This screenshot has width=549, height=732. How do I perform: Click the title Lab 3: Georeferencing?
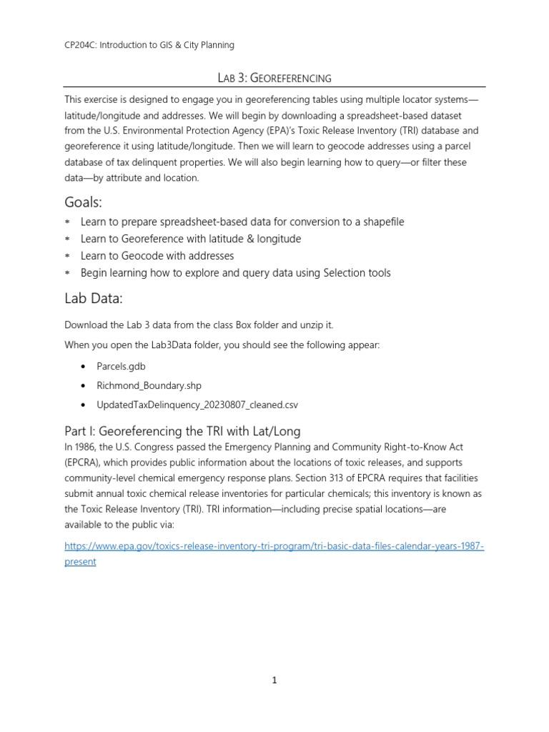pos(274,77)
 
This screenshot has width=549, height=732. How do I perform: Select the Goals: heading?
pos(87,203)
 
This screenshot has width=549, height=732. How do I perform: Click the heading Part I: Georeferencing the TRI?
pos(182,431)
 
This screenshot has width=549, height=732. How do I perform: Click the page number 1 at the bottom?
pos(274,680)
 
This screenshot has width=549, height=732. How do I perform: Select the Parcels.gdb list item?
pos(122,367)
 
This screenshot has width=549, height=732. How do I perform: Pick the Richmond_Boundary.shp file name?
pos(149,385)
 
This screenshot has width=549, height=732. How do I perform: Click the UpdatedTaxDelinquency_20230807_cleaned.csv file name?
pos(197,405)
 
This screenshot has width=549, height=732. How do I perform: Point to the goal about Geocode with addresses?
pos(157,256)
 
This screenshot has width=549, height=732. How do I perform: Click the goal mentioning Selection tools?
pos(235,273)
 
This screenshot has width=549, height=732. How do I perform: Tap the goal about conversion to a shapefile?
pos(242,222)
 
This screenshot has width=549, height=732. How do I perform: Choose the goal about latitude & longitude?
pos(191,239)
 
